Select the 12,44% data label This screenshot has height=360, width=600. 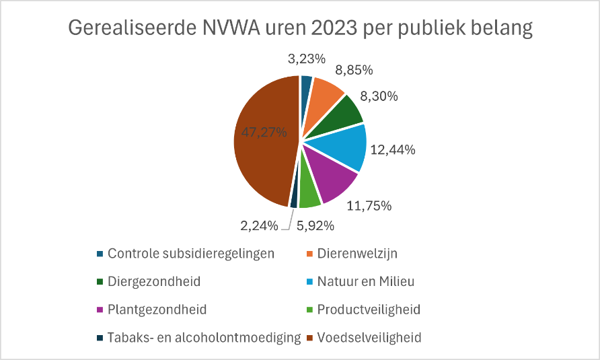392,150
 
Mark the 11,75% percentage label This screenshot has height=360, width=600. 369,206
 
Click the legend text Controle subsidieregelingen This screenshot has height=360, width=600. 191,254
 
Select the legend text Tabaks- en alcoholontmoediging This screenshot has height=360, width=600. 203,337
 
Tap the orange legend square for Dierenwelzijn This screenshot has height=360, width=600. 309,254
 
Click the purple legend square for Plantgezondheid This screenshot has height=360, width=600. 100,310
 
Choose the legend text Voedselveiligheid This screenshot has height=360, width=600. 369,337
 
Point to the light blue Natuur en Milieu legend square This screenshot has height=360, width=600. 309,281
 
